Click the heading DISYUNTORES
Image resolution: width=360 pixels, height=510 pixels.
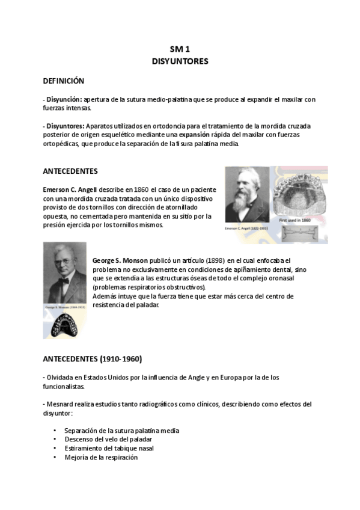[180, 61]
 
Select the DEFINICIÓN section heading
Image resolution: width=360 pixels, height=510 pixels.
[63, 81]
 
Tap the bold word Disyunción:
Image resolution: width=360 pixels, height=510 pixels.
[64, 99]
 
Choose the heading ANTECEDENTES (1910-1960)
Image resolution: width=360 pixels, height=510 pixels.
[92, 359]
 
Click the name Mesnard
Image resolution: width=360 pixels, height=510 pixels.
[61, 404]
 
